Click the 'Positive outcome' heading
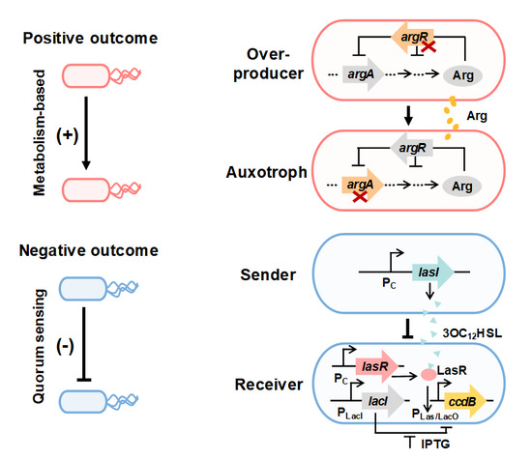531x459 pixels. tap(90, 39)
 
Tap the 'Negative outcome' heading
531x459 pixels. tap(89, 250)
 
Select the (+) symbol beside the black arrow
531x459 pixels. tap(68, 135)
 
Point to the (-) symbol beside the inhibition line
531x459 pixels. tap(65, 346)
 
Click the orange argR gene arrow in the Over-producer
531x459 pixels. tap(412, 38)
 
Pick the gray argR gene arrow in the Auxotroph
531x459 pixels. tap(411, 148)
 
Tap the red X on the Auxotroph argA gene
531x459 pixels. tap(360, 196)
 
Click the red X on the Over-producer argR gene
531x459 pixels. tap(428, 46)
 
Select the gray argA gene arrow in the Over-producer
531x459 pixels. tap(363, 74)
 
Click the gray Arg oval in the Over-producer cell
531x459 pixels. tap(462, 75)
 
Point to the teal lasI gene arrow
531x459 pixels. tap(432, 272)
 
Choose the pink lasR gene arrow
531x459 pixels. tap(376, 366)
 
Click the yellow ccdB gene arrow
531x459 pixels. tap(465, 401)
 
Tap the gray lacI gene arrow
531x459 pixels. tap(383, 401)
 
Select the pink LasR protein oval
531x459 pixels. tap(428, 374)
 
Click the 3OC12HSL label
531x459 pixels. tap(472, 333)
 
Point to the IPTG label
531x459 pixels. tap(435, 444)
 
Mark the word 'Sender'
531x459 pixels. tap(268, 274)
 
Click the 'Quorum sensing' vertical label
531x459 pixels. tap(40, 346)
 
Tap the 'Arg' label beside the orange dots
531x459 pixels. tap(477, 116)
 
